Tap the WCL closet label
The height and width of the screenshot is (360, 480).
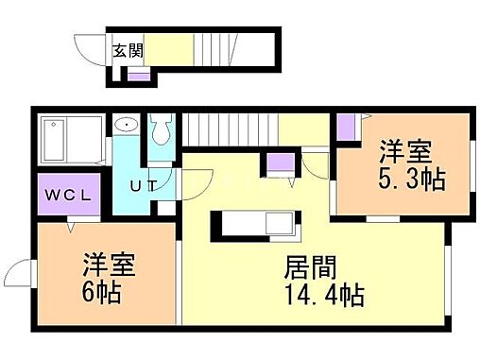(65, 197)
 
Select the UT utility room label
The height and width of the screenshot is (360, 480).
(143, 185)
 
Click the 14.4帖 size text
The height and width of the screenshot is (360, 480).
(323, 294)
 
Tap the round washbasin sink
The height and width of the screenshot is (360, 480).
(126, 126)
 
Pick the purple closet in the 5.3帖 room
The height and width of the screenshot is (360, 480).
(346, 125)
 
